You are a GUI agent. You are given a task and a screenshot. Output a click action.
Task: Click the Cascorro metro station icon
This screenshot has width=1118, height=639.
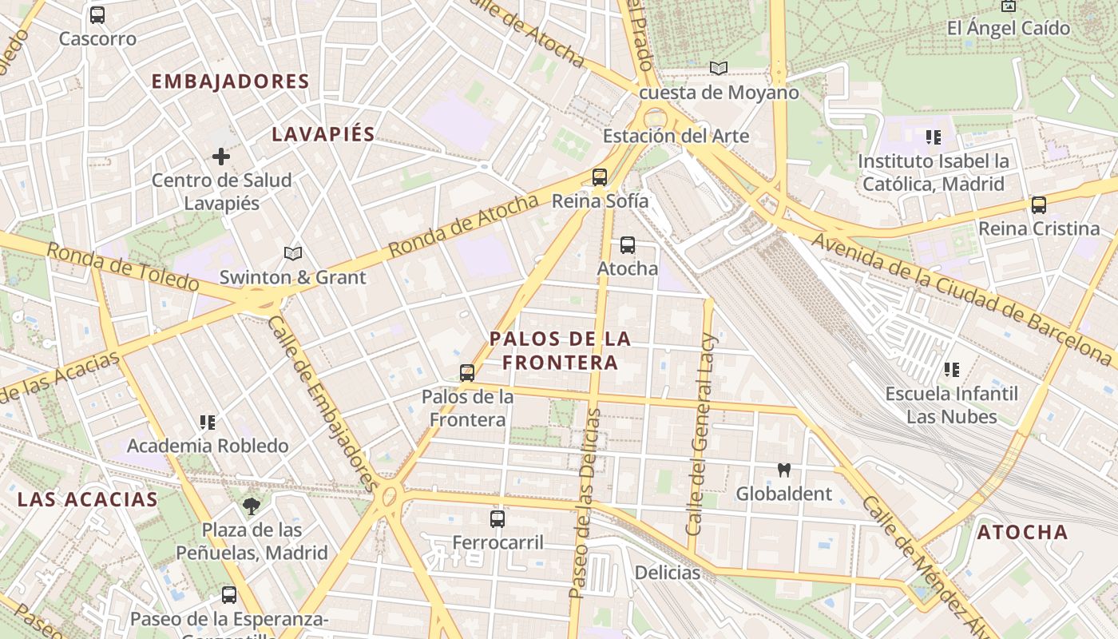click(97, 14)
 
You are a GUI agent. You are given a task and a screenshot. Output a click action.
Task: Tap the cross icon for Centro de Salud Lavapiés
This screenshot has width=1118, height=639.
click(221, 157)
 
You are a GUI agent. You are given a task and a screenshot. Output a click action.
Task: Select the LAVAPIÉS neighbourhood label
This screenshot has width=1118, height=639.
click(323, 134)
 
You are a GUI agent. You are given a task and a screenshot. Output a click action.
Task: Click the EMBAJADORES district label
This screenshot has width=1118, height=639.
click(230, 81)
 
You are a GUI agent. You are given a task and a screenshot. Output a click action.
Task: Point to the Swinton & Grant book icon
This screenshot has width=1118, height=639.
click(293, 253)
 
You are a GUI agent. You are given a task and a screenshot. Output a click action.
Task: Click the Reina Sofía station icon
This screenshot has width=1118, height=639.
click(600, 177)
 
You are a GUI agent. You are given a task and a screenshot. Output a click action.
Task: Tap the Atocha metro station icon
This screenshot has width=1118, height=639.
click(628, 244)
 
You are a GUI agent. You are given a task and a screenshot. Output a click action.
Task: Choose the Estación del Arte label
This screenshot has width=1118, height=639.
click(676, 136)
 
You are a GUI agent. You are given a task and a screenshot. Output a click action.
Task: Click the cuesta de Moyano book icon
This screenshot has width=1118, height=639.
click(719, 68)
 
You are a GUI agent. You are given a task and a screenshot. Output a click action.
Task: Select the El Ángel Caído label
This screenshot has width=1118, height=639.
click(1008, 28)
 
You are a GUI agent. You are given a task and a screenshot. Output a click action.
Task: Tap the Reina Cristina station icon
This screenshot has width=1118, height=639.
click(1039, 204)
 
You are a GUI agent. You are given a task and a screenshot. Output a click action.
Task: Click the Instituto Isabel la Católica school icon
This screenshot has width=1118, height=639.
click(933, 137)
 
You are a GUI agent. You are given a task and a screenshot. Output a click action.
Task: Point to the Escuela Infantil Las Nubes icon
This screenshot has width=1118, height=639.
click(951, 370)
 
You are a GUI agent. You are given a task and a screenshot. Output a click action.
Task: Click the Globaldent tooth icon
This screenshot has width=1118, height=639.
click(783, 470)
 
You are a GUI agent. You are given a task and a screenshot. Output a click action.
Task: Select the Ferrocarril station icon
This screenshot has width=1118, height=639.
click(498, 518)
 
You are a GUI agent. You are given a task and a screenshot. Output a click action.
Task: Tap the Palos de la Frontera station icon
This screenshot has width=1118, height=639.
click(467, 372)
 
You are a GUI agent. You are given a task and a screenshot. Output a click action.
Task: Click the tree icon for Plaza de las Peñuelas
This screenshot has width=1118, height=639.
click(252, 505)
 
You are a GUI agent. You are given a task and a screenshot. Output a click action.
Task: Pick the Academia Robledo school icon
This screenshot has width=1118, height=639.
click(208, 422)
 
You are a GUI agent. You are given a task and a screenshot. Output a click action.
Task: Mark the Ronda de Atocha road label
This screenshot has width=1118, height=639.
click(463, 226)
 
